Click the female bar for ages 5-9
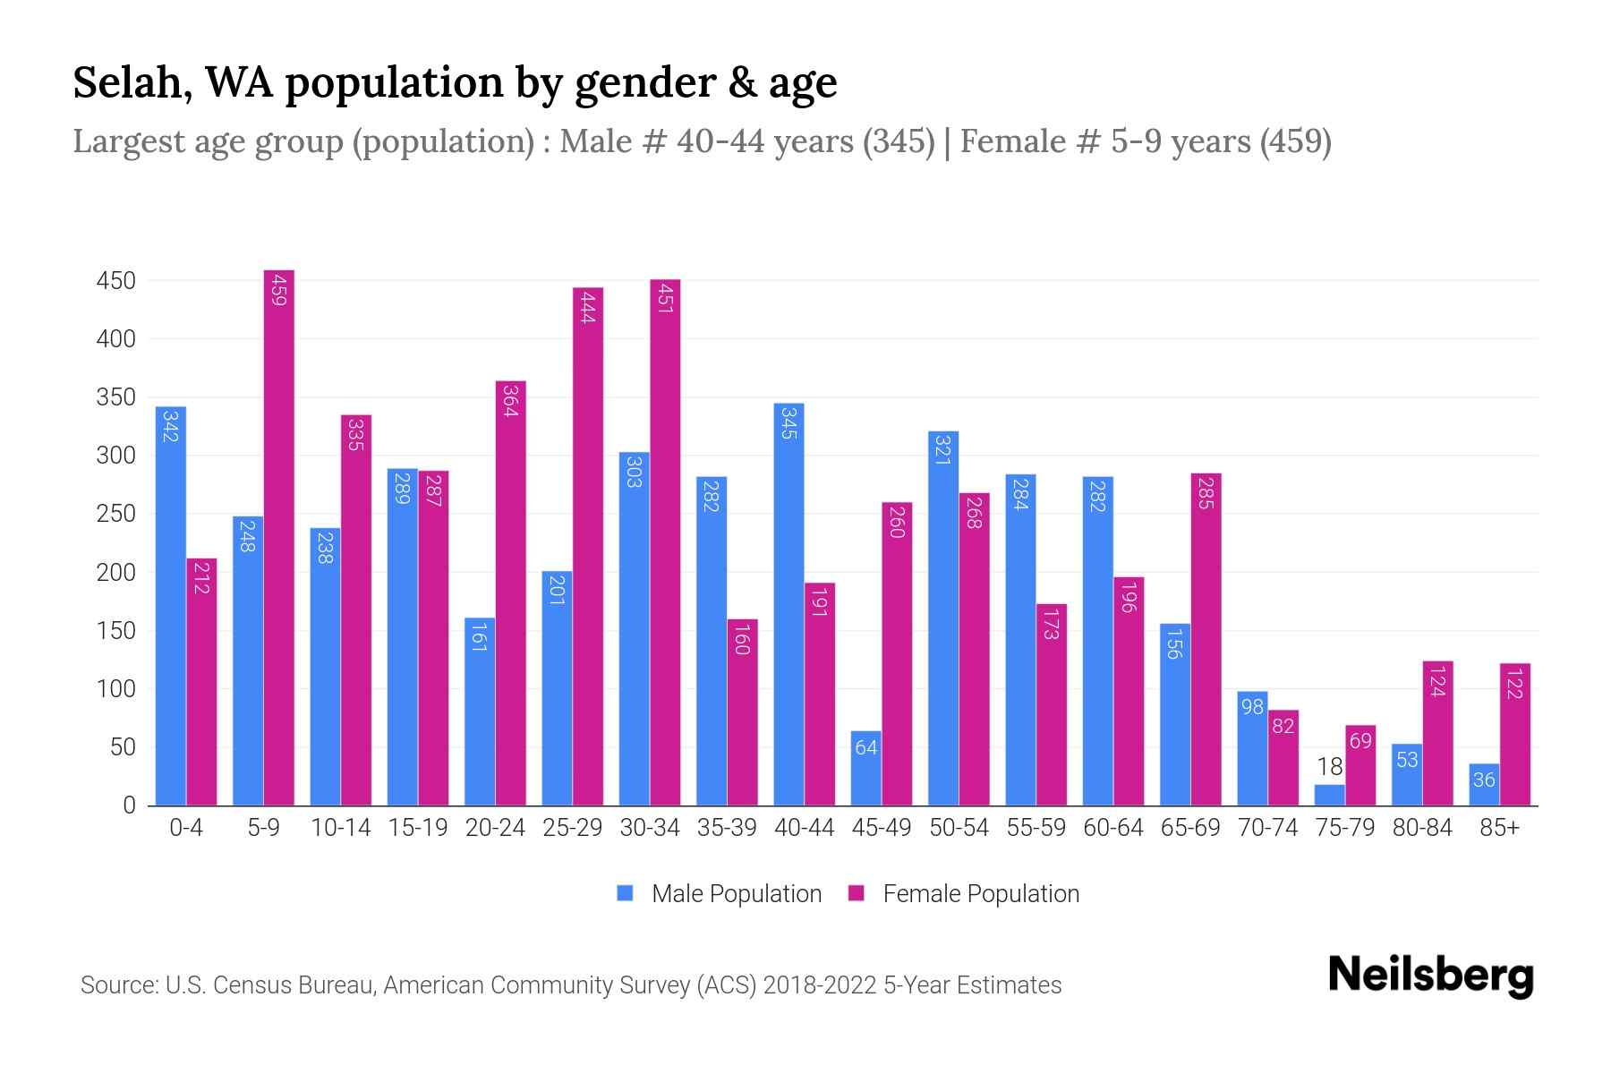(x=279, y=537)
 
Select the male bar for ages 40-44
(x=788, y=604)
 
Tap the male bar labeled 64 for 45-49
(x=865, y=768)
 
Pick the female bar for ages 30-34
(x=665, y=541)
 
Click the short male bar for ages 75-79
(x=1329, y=795)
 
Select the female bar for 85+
(x=1514, y=734)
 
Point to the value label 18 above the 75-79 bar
(x=1329, y=767)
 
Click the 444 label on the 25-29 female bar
(x=588, y=308)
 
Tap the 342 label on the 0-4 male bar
(x=170, y=425)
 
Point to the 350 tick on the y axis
(x=116, y=397)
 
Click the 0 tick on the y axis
(x=129, y=805)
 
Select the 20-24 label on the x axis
(x=495, y=828)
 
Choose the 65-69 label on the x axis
(x=1189, y=828)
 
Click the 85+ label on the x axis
(x=1499, y=828)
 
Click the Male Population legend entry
(x=735, y=894)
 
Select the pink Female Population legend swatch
(x=857, y=893)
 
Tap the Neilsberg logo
(x=1430, y=976)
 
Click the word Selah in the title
(x=131, y=82)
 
